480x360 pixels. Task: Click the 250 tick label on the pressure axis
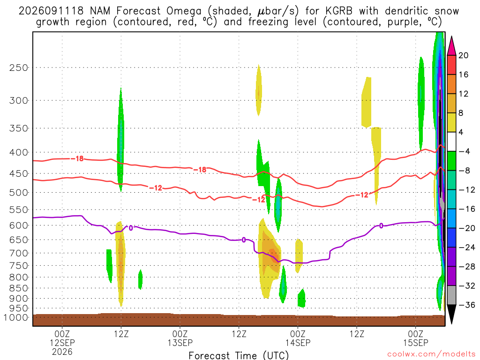pyautogui.click(x=19, y=67)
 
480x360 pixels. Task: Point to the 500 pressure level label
pyautogui.click(x=19, y=193)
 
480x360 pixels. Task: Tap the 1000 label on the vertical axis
pyautogui.click(x=16, y=317)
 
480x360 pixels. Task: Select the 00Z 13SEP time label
pyautogui.click(x=180, y=338)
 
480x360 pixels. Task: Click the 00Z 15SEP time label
pyautogui.click(x=415, y=338)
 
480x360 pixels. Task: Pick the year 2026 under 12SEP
pyautogui.click(x=62, y=352)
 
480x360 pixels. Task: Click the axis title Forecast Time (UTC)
pyautogui.click(x=239, y=355)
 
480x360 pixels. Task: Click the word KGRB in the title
pyautogui.click(x=339, y=11)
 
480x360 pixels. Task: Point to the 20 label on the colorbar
pyautogui.click(x=463, y=55)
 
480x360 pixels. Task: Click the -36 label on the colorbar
pyautogui.click(x=467, y=305)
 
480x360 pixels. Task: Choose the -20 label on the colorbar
pyautogui.click(x=467, y=228)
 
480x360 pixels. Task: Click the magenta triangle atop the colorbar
pyautogui.click(x=451, y=45)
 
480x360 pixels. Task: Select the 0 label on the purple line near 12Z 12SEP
pyautogui.click(x=131, y=228)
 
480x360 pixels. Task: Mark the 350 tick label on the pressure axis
pyautogui.click(x=19, y=128)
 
